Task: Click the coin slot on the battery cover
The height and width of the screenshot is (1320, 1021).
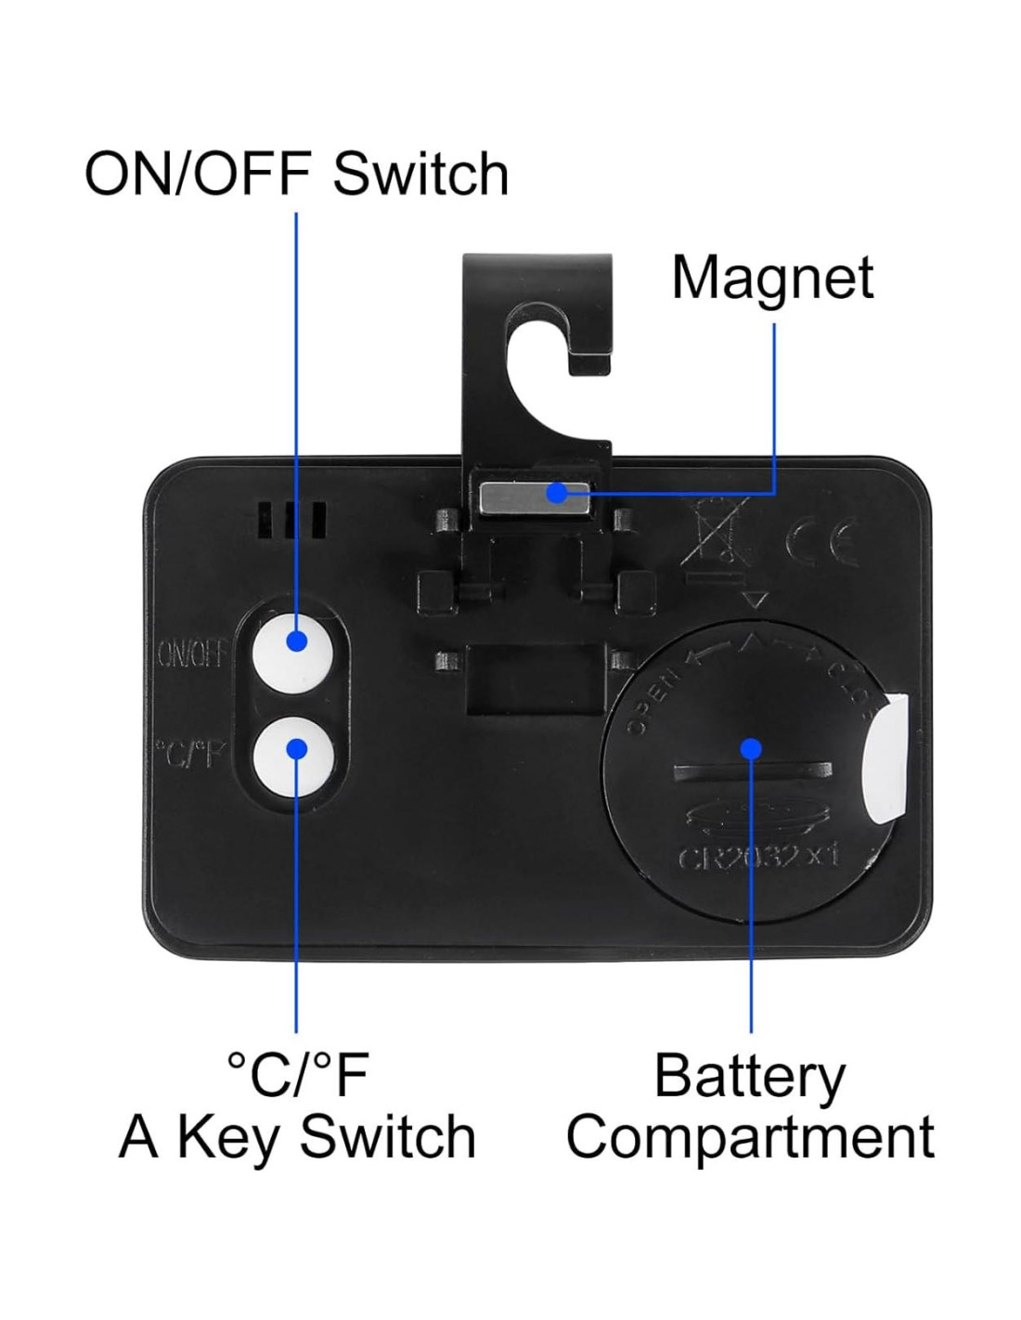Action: click(x=752, y=771)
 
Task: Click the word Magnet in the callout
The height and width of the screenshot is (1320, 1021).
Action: click(x=772, y=277)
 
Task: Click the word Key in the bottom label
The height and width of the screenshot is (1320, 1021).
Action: click(x=227, y=1138)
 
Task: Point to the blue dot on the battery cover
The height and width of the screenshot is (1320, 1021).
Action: click(x=752, y=748)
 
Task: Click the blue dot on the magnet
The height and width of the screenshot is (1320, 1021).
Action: click(x=557, y=493)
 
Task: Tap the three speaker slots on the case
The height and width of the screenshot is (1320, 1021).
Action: click(x=292, y=521)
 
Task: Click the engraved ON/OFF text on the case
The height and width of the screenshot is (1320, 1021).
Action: click(x=192, y=654)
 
